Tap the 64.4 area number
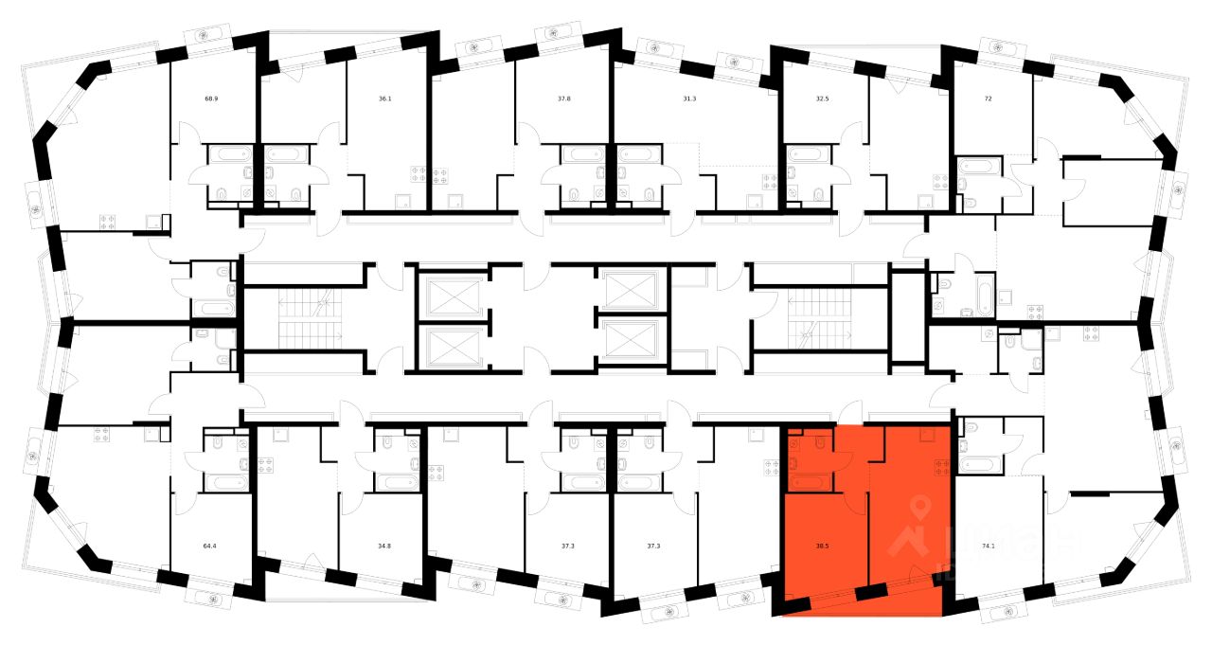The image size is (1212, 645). (209, 546)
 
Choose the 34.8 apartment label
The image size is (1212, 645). (384, 546)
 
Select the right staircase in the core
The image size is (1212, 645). (820, 317)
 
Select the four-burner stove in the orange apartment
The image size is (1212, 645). (941, 465)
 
